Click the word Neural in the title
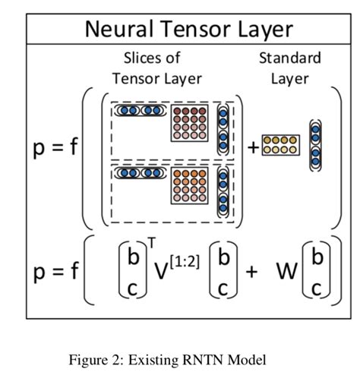pyautogui.click(x=118, y=30)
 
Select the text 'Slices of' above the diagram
pyautogui.click(x=151, y=58)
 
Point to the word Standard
pyautogui.click(x=289, y=58)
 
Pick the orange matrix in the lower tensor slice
pyautogui.click(x=190, y=187)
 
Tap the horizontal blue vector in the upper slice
pyautogui.click(x=140, y=110)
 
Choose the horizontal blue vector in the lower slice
pyautogui.click(x=140, y=173)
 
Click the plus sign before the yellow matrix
pyautogui.click(x=253, y=146)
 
